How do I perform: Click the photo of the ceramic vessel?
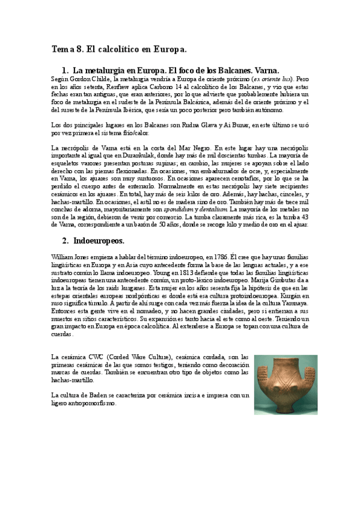pyautogui.click(x=281, y=385)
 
